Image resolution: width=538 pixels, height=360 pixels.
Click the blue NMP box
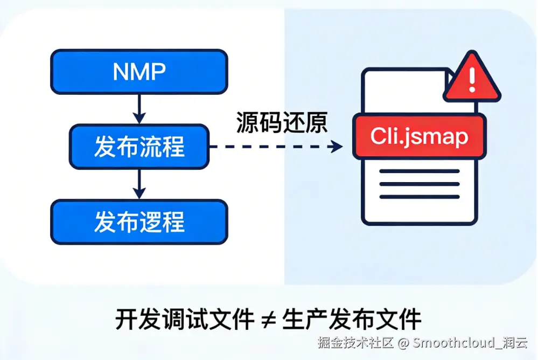pos(139,72)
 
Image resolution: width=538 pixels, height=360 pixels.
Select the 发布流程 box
pos(139,147)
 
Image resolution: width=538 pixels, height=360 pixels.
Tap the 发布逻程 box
pos(139,221)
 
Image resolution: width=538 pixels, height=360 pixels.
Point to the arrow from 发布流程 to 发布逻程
pos(139,184)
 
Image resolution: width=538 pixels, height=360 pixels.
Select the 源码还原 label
pos(282,123)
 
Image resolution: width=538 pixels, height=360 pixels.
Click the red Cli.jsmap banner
pos(419,137)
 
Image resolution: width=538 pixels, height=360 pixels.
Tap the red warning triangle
pos(472,80)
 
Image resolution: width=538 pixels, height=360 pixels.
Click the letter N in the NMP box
pos(120,72)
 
